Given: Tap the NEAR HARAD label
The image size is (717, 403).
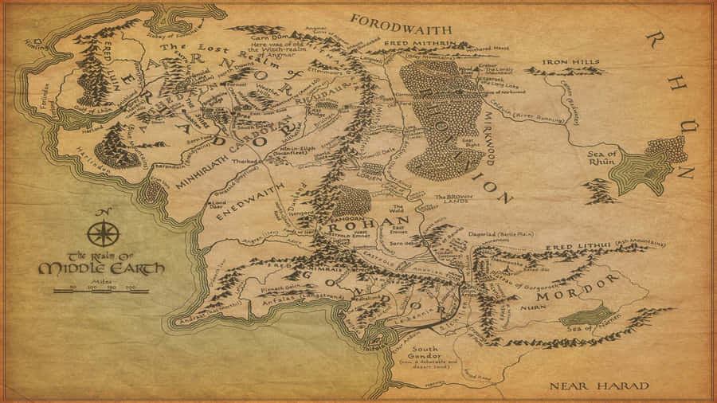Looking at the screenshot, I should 599,386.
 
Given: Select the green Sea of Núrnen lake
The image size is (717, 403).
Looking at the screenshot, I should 588,316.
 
